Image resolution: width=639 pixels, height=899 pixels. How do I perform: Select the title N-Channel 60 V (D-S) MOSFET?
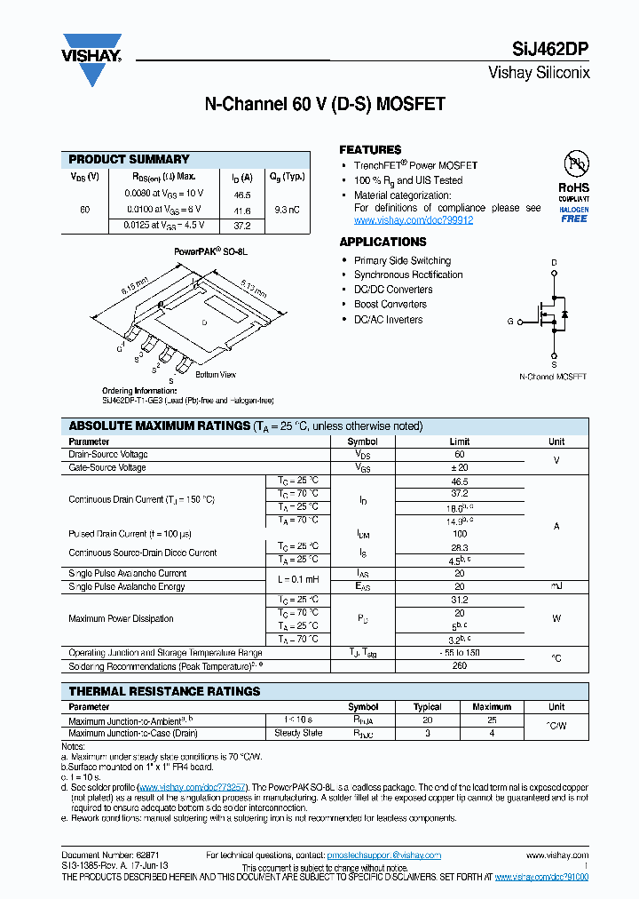[x=325, y=104]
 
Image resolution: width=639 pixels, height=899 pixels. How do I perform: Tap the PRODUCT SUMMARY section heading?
[x=129, y=159]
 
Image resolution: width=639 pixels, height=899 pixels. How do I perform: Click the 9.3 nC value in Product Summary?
[x=287, y=210]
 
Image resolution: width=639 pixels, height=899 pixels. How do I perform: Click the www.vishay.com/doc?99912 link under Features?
[x=414, y=220]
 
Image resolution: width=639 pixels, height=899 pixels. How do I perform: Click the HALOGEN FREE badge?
[x=573, y=214]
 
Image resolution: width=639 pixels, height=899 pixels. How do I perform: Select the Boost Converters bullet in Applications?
[x=390, y=304]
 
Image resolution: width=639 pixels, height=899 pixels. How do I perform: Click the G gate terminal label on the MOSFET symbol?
[x=510, y=322]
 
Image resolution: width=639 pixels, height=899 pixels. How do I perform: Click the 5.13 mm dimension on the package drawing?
[x=252, y=290]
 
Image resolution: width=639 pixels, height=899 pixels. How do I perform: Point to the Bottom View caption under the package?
[x=215, y=374]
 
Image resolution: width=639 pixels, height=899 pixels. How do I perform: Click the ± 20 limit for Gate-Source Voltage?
[x=460, y=467]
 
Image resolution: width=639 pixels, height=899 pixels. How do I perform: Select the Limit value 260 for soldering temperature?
[x=460, y=665]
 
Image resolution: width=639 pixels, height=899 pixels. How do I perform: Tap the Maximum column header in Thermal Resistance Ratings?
[x=492, y=707]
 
